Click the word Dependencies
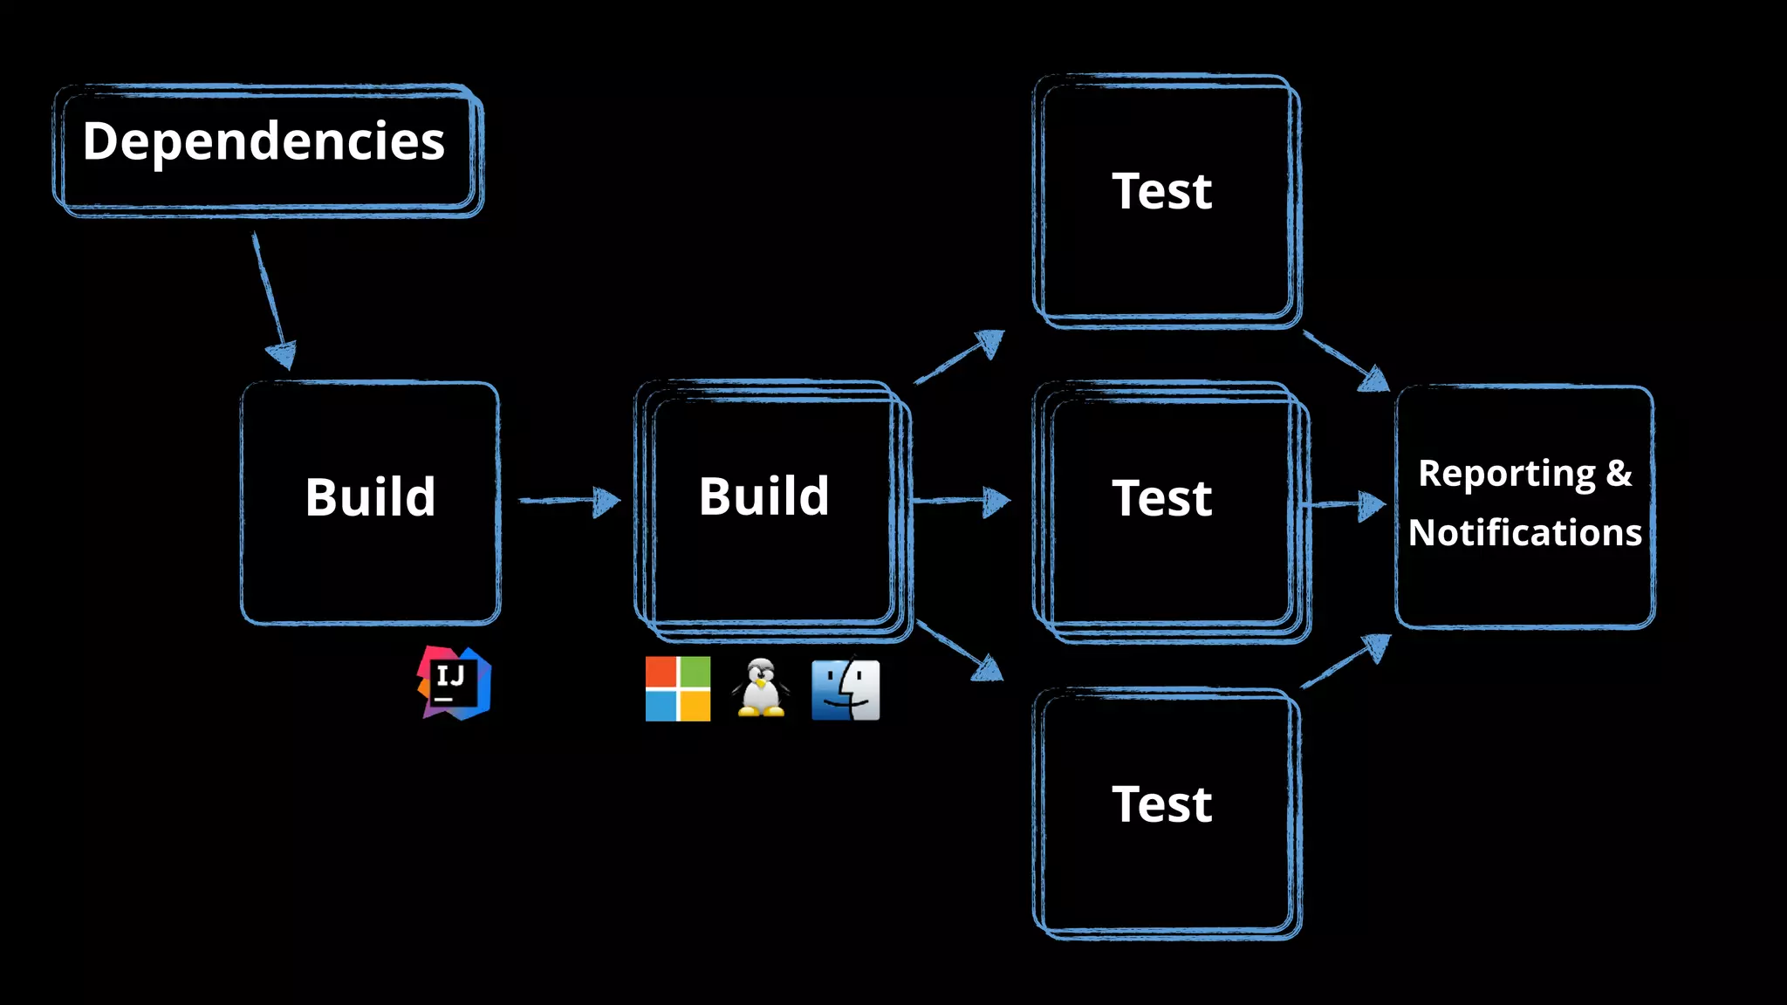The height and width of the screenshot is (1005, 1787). coord(264,142)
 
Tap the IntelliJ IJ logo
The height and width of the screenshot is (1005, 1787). coord(454,683)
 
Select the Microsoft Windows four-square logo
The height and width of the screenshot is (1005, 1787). coord(678,689)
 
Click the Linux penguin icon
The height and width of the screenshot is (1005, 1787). coord(761,688)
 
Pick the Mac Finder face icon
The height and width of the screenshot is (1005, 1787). coord(846,689)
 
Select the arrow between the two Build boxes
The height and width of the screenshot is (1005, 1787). coord(569,501)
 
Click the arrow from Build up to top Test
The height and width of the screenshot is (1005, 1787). coord(960,356)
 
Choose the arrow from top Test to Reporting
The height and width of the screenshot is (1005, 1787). coord(1345,360)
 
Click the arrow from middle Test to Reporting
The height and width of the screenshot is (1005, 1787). coord(1345,504)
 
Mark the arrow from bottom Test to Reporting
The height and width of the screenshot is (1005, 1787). coord(1346,661)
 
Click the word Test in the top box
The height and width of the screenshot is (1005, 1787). coord(1161,191)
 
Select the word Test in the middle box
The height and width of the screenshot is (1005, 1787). coord(1161,498)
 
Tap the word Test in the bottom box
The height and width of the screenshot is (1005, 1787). coord(1161,804)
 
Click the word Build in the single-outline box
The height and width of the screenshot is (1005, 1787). coord(370,497)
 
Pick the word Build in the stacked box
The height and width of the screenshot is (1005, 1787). coord(763,496)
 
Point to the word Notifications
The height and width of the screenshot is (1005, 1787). coord(1524,532)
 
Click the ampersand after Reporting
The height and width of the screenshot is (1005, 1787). coord(1619,473)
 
